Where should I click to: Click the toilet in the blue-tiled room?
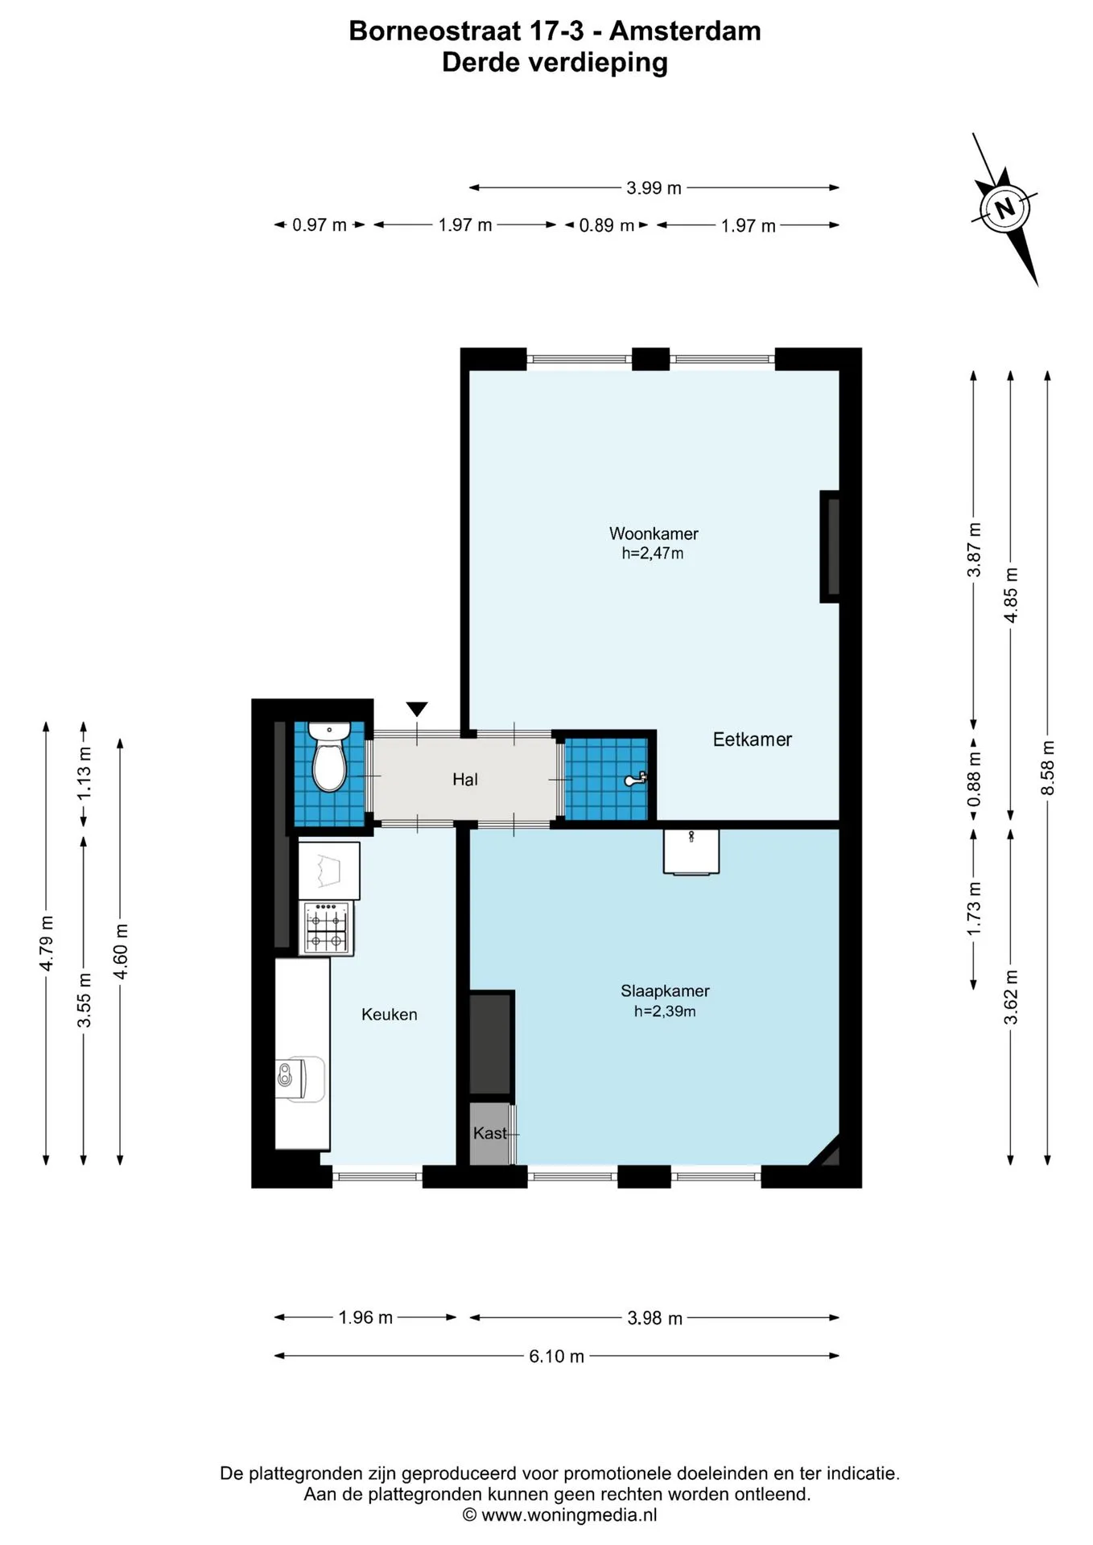click(328, 757)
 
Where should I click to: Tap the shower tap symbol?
click(636, 779)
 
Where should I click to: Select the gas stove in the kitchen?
click(326, 928)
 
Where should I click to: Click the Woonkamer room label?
click(654, 534)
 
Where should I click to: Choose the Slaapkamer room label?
click(665, 991)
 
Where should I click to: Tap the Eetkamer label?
click(753, 740)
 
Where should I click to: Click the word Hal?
click(465, 779)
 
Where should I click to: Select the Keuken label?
click(390, 1015)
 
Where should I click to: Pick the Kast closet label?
click(490, 1133)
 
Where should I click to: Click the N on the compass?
click(1004, 209)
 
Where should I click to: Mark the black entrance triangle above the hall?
click(417, 709)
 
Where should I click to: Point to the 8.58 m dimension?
click(1047, 768)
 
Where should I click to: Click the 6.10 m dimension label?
click(557, 1356)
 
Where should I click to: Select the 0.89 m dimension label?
click(607, 225)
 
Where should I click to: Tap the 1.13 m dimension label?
click(84, 773)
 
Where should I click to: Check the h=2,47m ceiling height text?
click(653, 554)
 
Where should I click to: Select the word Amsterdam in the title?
click(685, 31)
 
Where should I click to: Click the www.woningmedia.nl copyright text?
click(560, 1515)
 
